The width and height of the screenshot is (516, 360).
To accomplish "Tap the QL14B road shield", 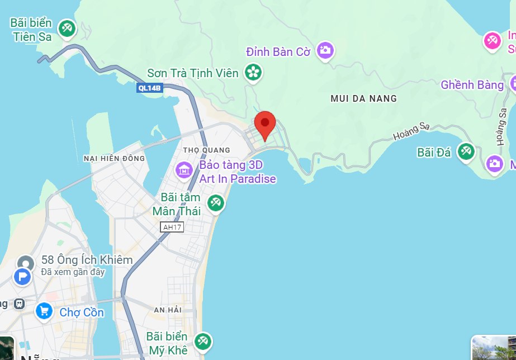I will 150,88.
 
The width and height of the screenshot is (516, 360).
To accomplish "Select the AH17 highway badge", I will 172,227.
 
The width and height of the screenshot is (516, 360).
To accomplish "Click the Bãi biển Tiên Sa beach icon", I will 67,28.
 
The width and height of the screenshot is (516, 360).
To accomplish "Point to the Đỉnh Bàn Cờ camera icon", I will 325,51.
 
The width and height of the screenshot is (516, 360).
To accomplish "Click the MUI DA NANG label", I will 363,98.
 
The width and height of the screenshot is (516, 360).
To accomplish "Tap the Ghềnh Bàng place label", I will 472,85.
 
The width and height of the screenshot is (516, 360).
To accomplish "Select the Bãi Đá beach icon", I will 466,151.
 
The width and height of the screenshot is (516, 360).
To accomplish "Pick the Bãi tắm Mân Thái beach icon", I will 215,203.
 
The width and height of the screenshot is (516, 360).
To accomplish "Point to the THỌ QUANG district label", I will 206,150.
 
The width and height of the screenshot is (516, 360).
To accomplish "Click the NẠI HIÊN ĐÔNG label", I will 114,158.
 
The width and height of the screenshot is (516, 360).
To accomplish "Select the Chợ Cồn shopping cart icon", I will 44,311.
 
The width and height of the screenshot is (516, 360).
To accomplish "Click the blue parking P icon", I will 22,276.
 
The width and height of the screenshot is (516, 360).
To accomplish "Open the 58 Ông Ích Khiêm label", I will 87,260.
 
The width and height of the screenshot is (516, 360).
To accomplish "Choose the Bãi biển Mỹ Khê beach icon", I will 202,341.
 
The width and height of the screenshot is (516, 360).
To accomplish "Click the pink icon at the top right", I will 493,40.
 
